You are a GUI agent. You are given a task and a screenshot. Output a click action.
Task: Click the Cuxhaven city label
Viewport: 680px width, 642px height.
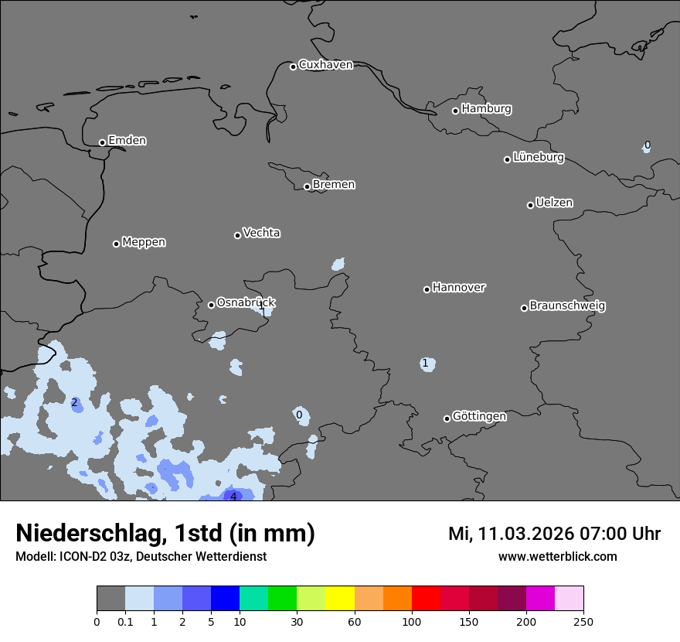tap(325, 65)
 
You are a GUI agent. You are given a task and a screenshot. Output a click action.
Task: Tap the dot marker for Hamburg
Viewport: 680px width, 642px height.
tap(455, 111)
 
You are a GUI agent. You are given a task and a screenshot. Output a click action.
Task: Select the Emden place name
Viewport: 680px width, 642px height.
tap(127, 141)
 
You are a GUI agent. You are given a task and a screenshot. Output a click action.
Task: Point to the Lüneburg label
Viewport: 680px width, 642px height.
tap(538, 158)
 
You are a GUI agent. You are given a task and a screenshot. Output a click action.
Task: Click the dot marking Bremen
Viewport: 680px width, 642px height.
tap(307, 186)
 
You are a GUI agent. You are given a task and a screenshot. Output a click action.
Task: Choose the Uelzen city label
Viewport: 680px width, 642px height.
tap(554, 203)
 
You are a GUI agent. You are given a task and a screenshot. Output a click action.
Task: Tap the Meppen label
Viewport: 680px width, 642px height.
tap(143, 242)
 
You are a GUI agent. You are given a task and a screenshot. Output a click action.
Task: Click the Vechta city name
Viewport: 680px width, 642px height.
tap(261, 233)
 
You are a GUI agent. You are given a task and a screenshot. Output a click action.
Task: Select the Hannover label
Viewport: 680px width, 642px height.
tap(458, 288)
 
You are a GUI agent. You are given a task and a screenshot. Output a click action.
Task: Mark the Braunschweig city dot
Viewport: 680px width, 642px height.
tap(524, 308)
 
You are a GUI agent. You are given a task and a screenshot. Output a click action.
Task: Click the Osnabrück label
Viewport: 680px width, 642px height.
tap(246, 303)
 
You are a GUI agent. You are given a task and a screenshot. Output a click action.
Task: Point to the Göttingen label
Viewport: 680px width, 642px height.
tap(479, 417)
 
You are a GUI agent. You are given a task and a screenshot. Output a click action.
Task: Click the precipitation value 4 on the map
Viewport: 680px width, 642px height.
tap(233, 497)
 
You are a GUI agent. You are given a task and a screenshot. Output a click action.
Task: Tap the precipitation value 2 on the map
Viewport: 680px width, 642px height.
tap(74, 403)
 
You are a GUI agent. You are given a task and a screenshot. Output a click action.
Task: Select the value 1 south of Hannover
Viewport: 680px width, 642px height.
tap(425, 364)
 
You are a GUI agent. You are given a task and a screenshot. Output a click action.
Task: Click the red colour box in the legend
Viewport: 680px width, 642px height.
tap(426, 599)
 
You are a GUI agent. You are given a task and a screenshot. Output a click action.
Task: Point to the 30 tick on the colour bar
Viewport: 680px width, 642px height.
tap(297, 621)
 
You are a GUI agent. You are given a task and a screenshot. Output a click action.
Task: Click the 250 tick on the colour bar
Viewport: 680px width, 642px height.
tap(583, 621)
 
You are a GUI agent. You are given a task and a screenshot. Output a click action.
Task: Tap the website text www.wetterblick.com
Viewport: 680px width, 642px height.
tap(557, 557)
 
